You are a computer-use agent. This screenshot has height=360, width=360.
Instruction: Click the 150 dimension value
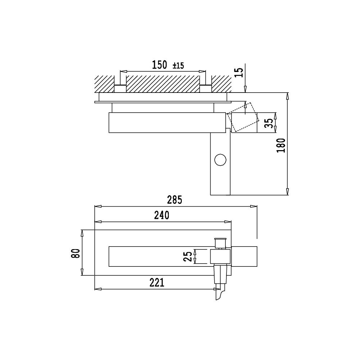pyautogui.click(x=159, y=65)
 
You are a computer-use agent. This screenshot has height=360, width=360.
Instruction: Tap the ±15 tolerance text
pyautogui.click(x=179, y=66)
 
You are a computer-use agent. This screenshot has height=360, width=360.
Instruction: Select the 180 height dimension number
pyautogui.click(x=281, y=145)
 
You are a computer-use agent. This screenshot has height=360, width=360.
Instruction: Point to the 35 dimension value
pyautogui.click(x=269, y=123)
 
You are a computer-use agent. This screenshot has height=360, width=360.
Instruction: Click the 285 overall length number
pyautogui.click(x=175, y=200)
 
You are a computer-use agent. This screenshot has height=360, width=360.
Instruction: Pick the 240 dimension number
pyautogui.click(x=162, y=215)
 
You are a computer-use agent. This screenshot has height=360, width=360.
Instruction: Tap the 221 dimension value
pyautogui.click(x=157, y=283)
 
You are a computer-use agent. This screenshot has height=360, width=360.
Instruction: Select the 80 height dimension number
pyautogui.click(x=76, y=253)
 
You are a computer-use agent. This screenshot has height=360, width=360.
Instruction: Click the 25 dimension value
pyautogui.click(x=188, y=256)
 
